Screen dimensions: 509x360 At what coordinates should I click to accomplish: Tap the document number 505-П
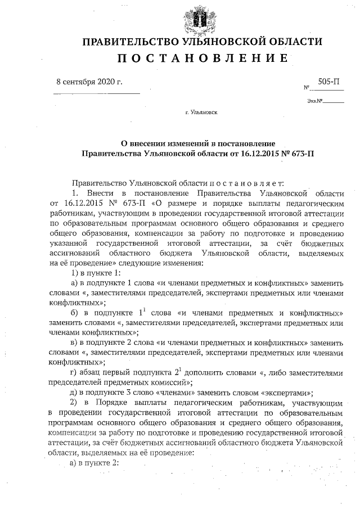tap(328, 82)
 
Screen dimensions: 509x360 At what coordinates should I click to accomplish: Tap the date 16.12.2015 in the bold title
tap(253, 152)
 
